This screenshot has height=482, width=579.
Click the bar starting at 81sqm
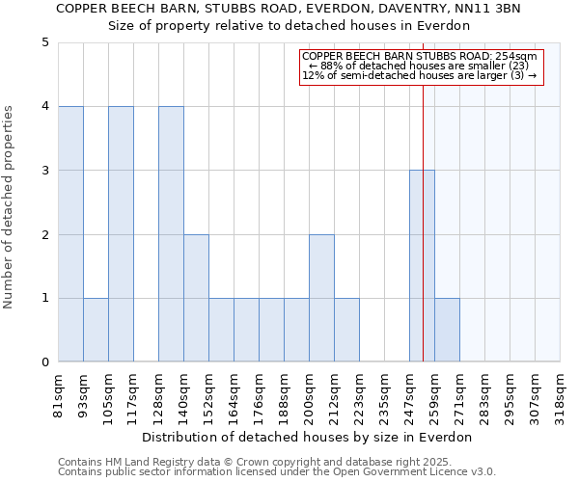[70, 234]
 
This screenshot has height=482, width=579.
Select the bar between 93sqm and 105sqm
[96, 330]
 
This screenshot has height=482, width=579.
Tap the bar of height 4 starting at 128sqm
[171, 234]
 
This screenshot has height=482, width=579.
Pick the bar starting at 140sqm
[196, 298]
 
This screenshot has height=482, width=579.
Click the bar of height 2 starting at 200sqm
[321, 298]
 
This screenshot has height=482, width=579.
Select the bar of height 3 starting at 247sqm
[422, 266]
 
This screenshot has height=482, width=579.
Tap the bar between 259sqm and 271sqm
[447, 330]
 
